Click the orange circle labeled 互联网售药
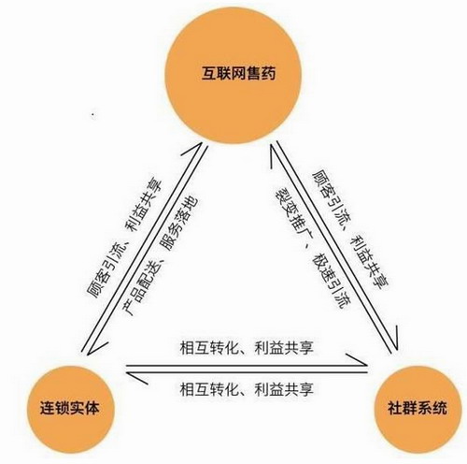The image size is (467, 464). [233, 75]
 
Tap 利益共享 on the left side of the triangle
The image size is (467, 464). [144, 205]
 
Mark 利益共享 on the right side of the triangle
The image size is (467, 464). [371, 261]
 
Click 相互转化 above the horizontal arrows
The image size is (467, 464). [209, 348]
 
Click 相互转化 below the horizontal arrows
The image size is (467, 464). [209, 389]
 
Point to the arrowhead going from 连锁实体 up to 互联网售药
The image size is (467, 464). [194, 150]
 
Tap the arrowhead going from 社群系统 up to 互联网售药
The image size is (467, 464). [274, 156]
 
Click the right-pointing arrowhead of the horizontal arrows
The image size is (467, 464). [358, 359]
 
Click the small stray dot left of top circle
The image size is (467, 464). [92, 114]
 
